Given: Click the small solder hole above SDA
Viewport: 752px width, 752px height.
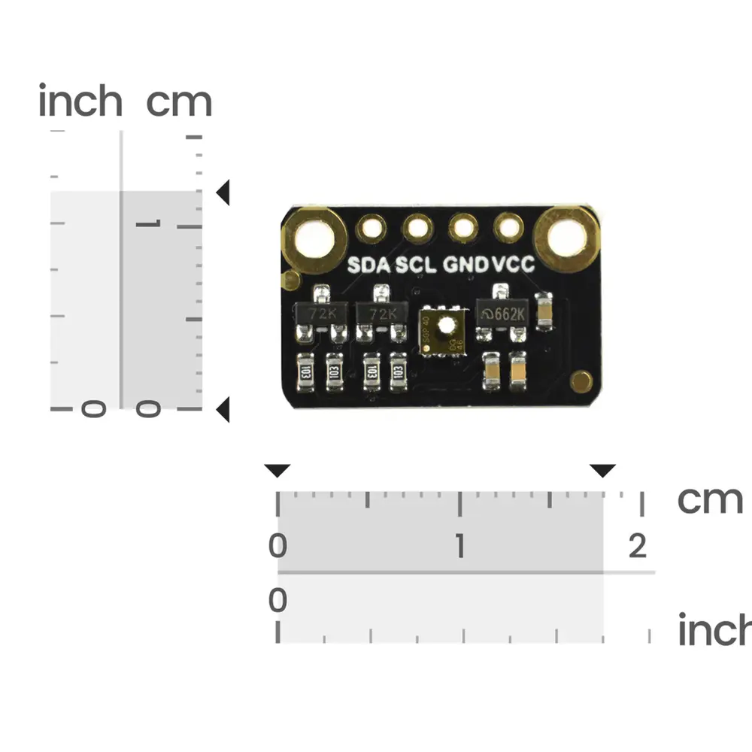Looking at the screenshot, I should [x=370, y=226].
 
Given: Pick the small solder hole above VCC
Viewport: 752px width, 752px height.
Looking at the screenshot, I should [x=509, y=226].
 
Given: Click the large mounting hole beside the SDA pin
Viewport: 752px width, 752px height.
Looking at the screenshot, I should [x=312, y=238].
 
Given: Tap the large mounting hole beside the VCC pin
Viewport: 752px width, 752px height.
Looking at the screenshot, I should [x=566, y=238].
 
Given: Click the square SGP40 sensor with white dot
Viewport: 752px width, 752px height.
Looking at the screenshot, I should [x=444, y=331].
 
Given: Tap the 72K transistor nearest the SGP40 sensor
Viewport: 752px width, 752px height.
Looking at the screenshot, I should [x=381, y=314].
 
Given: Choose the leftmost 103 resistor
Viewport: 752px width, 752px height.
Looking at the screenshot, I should [x=305, y=371].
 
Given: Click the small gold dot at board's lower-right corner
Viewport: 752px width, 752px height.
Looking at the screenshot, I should [x=581, y=381].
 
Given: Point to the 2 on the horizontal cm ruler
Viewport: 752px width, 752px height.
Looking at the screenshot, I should [x=638, y=546].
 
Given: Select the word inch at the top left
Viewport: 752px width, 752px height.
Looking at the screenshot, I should [x=80, y=102].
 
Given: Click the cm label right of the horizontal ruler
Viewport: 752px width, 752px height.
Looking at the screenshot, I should [x=709, y=499].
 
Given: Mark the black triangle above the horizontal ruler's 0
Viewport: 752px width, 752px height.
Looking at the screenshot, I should [x=277, y=471].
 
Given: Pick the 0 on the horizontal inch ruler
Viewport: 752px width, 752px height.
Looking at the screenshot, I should [x=278, y=601].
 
